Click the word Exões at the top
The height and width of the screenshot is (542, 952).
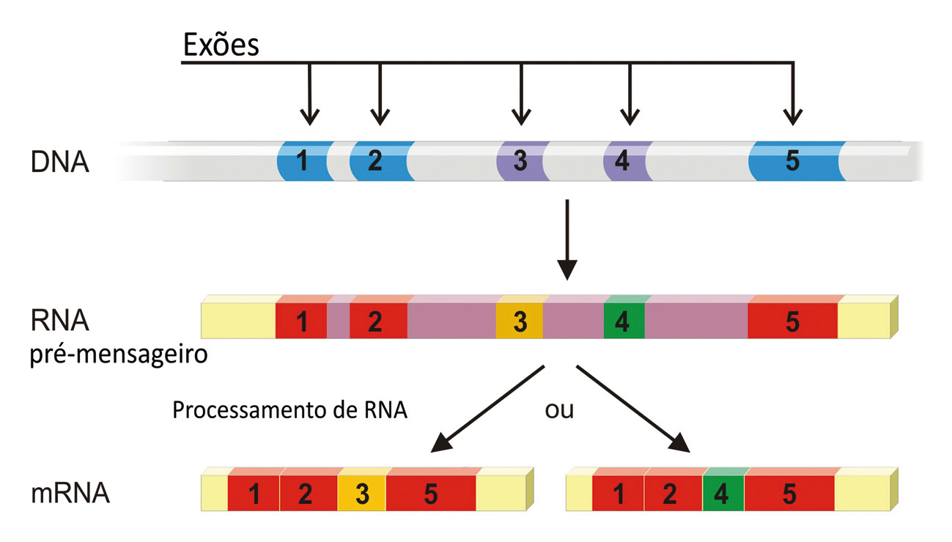221,45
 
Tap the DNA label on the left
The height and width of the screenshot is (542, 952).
60,162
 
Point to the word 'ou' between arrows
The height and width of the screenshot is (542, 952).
559,409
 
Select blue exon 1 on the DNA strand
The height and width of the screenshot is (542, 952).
302,161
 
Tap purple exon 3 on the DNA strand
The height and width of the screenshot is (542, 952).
520,161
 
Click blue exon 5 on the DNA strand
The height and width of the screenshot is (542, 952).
793,161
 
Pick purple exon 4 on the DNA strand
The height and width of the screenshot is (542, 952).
623,161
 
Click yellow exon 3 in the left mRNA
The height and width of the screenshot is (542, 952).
361,494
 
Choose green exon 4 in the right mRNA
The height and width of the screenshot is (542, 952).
723,494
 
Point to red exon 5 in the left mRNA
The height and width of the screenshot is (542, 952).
431,494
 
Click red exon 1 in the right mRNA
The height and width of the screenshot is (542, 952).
618,494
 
